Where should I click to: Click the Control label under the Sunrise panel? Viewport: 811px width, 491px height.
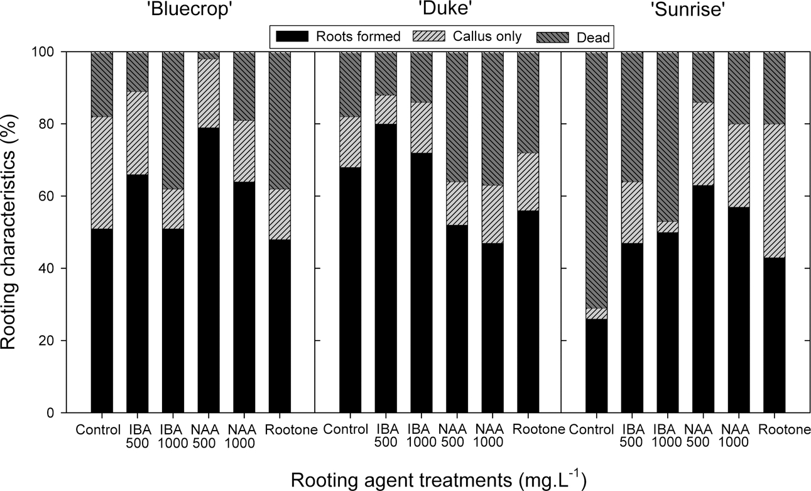pyautogui.click(x=591, y=431)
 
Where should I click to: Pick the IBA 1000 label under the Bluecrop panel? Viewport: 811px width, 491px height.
pyautogui.click(x=173, y=437)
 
